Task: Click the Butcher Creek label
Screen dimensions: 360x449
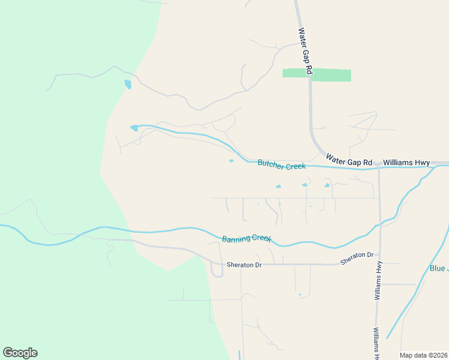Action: [282, 164]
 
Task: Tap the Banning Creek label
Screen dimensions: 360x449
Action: [247, 238]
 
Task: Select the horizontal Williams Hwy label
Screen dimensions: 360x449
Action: [406, 162]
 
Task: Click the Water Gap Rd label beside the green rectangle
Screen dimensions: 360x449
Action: [306, 51]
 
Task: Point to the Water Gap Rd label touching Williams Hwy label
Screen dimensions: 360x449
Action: [349, 160]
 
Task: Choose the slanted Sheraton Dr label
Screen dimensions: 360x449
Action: [357, 259]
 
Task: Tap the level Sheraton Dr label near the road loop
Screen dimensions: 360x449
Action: [244, 265]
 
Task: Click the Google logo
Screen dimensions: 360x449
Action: [20, 353]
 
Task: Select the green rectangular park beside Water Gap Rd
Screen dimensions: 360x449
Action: [317, 75]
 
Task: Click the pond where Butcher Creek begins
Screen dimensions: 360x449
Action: [134, 128]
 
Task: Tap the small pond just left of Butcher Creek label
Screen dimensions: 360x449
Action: [231, 160]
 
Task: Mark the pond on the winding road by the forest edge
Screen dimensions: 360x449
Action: [127, 84]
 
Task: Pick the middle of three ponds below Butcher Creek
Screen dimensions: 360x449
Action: [304, 185]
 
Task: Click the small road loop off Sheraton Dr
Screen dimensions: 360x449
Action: [217, 271]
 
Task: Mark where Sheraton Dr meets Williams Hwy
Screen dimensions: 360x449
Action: [379, 263]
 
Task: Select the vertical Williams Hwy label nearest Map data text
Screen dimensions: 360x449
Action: [376, 343]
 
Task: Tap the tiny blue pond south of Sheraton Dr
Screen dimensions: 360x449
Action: [300, 295]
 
